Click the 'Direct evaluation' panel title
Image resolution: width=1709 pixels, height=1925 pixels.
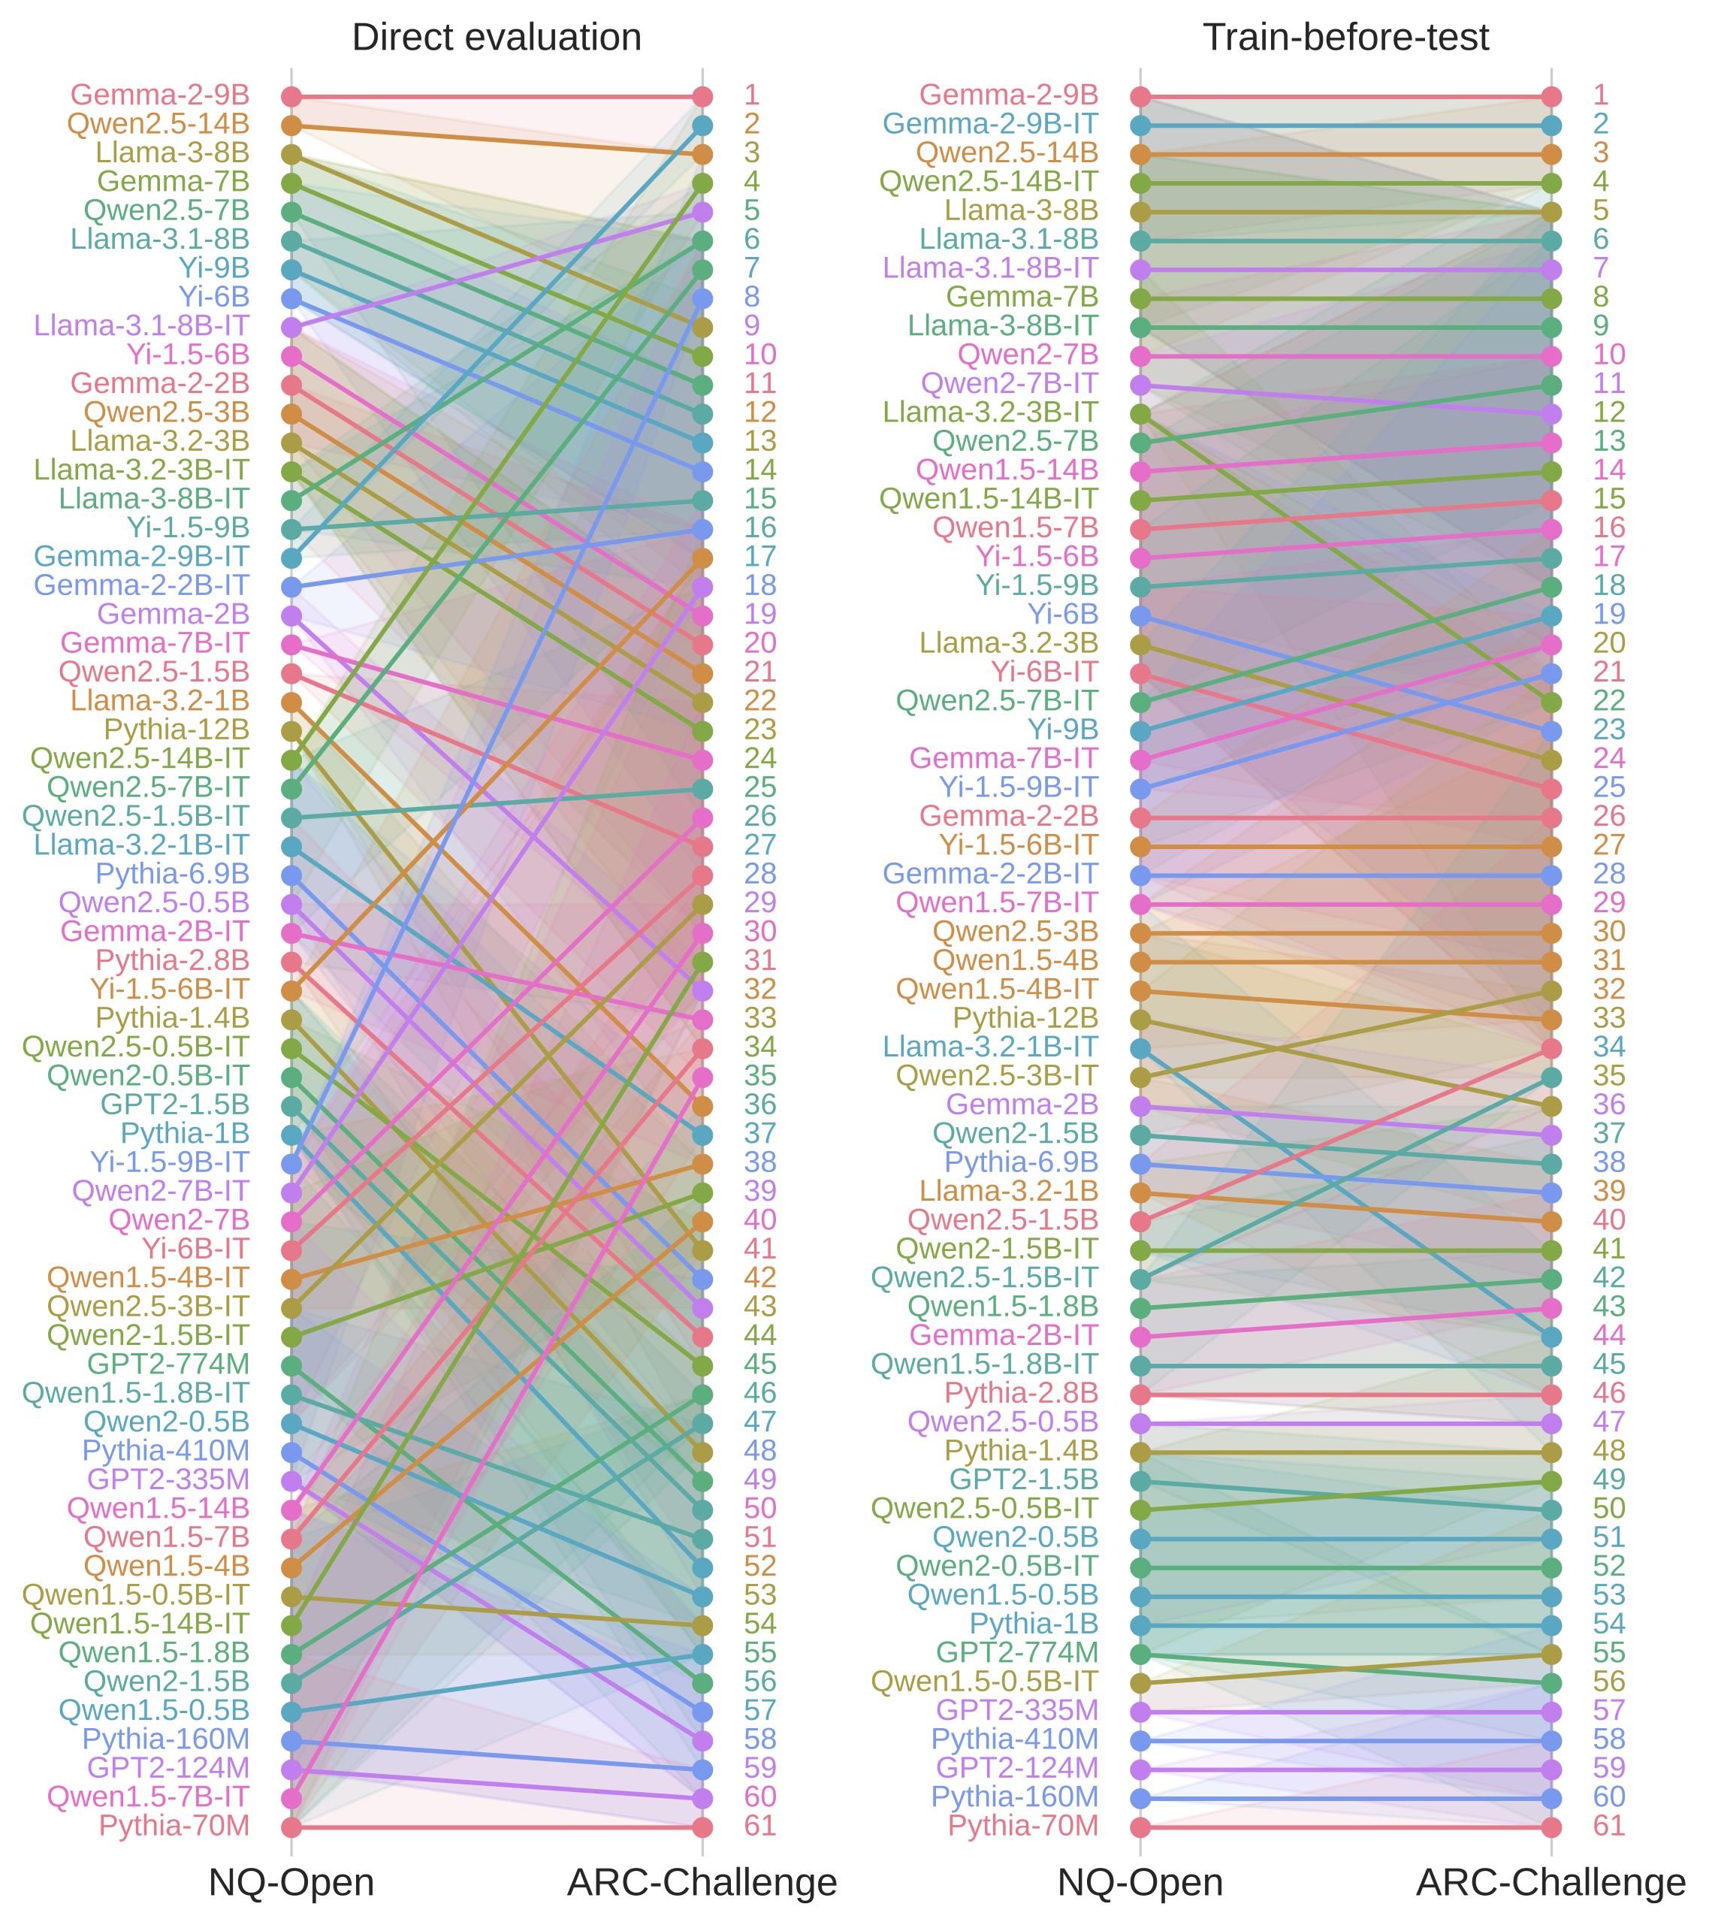pos(497,38)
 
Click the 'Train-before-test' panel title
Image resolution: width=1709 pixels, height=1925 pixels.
pos(1345,38)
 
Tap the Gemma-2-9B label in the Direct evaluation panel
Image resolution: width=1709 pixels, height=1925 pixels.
pos(160,95)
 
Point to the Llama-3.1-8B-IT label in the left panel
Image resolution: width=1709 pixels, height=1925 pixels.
pos(141,326)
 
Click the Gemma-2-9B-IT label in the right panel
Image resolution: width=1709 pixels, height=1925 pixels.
pos(991,124)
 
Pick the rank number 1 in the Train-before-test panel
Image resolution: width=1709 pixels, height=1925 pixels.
pos(1601,95)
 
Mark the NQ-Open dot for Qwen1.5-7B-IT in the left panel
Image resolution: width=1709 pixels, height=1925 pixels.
pos(292,1798)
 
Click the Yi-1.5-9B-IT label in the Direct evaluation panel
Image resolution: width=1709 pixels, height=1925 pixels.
pos(170,1162)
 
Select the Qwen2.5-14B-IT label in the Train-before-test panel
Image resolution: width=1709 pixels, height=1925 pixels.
pos(989,182)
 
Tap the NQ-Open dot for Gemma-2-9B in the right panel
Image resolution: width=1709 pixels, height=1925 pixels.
pos(1141,96)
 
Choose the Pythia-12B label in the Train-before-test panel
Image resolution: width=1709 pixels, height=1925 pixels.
pos(1025,1018)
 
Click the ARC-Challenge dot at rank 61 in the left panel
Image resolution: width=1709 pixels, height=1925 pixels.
pos(702,1827)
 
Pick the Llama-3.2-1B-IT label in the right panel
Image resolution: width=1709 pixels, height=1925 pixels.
pos(991,1047)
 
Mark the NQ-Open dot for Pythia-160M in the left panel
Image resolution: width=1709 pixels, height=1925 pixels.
pos(292,1740)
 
